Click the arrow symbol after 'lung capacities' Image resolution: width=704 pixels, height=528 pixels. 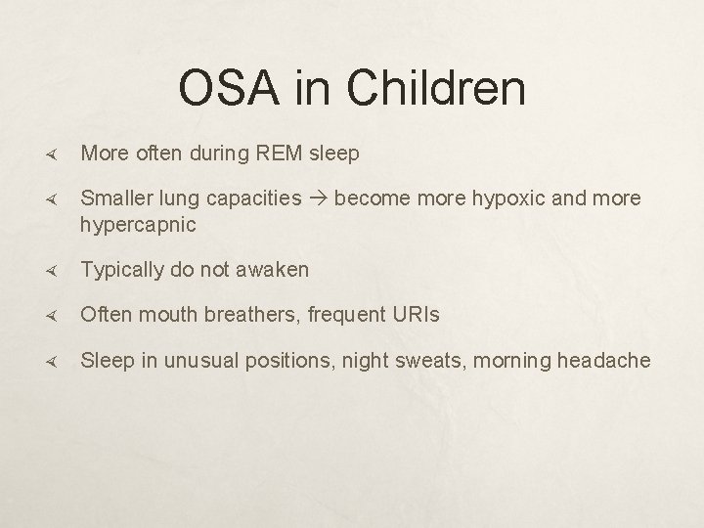319,199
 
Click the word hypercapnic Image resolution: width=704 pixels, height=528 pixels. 138,225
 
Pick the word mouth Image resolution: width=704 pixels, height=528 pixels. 159,315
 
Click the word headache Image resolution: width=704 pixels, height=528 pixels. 604,361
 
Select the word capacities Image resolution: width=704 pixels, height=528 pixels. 259,198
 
